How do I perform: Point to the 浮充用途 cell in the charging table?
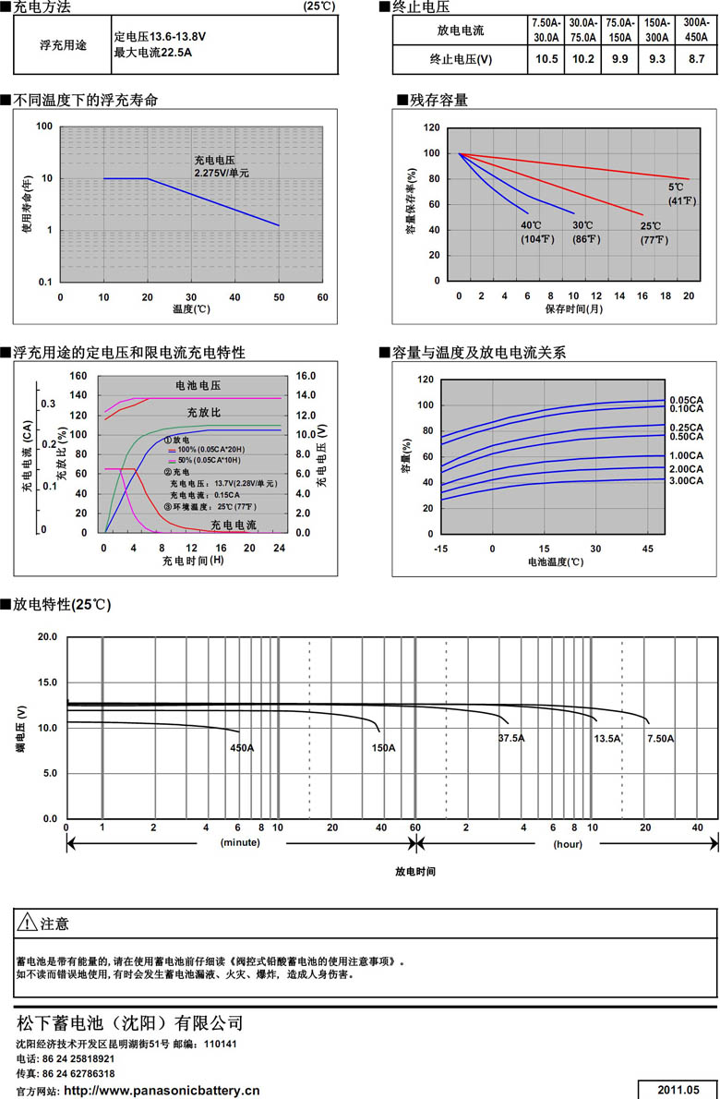tap(64, 44)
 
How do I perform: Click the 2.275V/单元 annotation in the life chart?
tap(222, 173)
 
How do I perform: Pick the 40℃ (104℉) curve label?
tap(534, 232)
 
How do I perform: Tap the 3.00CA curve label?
tap(687, 480)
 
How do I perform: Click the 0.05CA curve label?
tap(687, 399)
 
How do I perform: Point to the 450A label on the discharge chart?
tap(242, 747)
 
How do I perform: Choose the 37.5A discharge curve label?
tap(510, 738)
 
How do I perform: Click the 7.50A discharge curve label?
tap(661, 739)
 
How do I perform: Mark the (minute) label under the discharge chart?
tap(240, 844)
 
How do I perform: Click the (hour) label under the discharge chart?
tap(567, 844)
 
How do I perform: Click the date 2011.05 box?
tap(678, 1089)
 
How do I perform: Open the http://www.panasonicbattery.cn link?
tap(162, 1090)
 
